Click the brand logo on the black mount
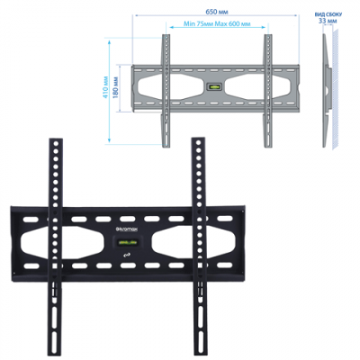(x=127, y=230)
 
